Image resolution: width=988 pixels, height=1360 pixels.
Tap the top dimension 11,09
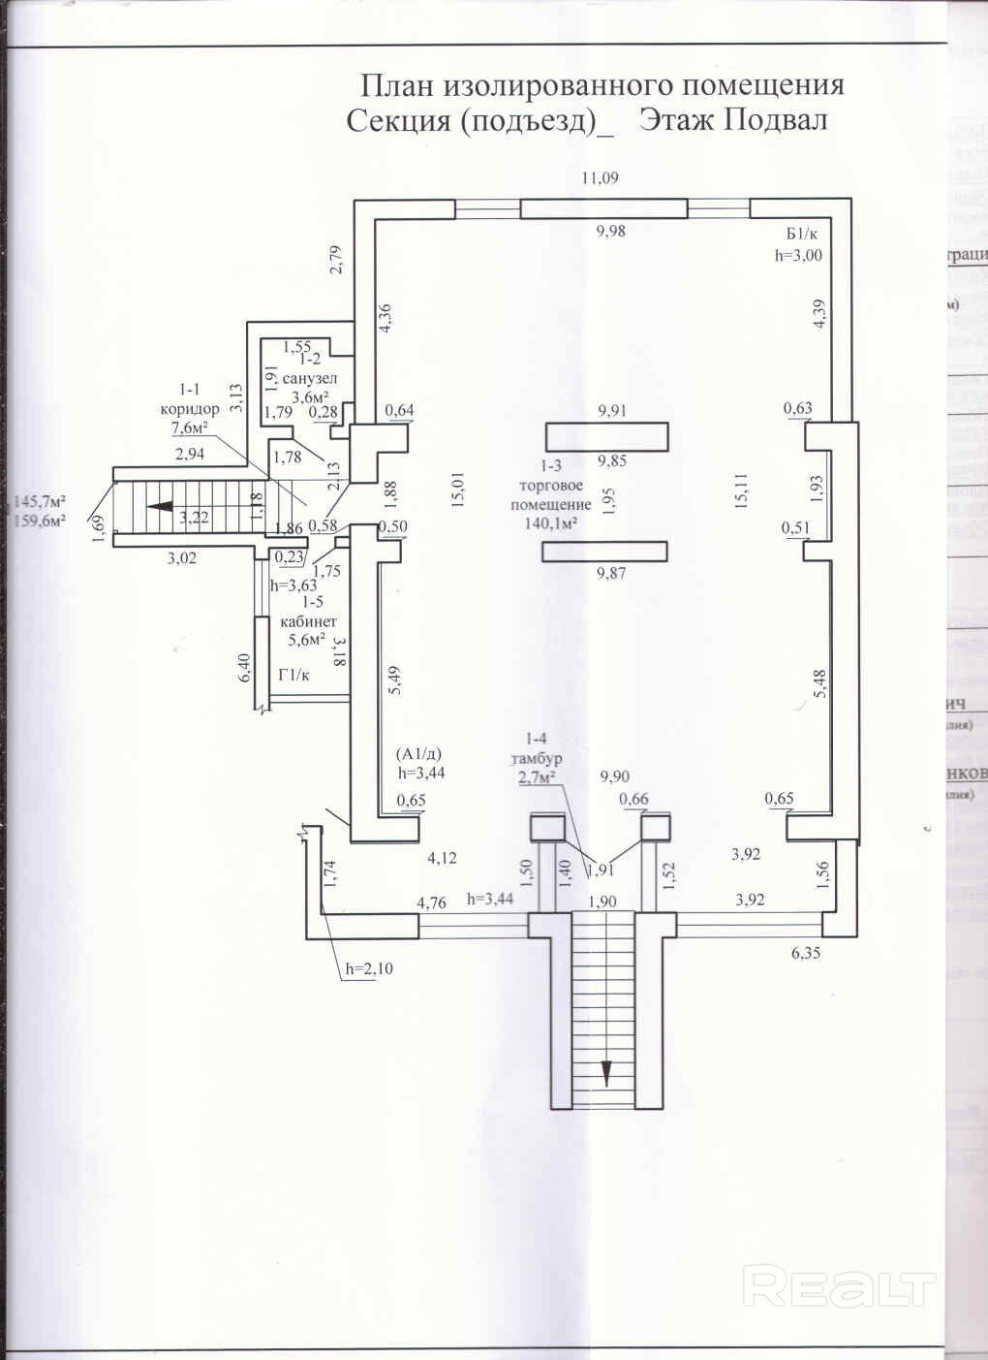[600, 177]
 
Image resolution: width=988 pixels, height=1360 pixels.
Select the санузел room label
[311, 378]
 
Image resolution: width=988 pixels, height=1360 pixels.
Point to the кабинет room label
[308, 620]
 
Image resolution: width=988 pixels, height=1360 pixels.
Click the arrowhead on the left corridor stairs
[159, 505]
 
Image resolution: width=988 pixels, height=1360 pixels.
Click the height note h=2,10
[370, 967]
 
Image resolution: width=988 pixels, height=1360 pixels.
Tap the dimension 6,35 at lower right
[805, 952]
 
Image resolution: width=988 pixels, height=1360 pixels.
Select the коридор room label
[190, 409]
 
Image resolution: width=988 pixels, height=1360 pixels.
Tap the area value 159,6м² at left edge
[38, 520]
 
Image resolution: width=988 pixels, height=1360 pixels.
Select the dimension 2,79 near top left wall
[336, 260]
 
